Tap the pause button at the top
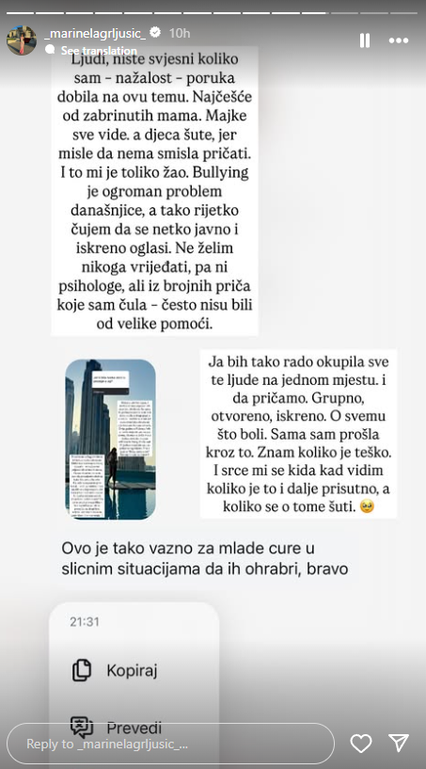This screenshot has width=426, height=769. pyautogui.click(x=364, y=40)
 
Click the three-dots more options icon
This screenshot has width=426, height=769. pyautogui.click(x=399, y=40)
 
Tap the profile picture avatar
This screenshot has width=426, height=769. pyautogui.click(x=21, y=40)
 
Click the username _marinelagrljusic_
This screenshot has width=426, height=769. pyautogui.click(x=94, y=33)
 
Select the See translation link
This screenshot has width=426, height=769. pyautogui.click(x=99, y=51)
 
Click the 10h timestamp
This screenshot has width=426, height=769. pyautogui.click(x=180, y=33)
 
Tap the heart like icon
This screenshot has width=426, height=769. pyautogui.click(x=361, y=744)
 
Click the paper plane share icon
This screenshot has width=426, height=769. pyautogui.click(x=399, y=744)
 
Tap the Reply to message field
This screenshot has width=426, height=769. pyautogui.click(x=169, y=744)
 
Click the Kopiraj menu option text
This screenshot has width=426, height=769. pyautogui.click(x=132, y=670)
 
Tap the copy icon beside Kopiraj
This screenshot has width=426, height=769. pyautogui.click(x=82, y=670)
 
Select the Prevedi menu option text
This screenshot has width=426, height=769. pyautogui.click(x=134, y=728)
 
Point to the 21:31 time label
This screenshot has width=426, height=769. pyautogui.click(x=84, y=622)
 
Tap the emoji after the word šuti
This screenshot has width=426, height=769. pyautogui.click(x=367, y=506)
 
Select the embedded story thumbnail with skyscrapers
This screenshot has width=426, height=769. pyautogui.click(x=110, y=439)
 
